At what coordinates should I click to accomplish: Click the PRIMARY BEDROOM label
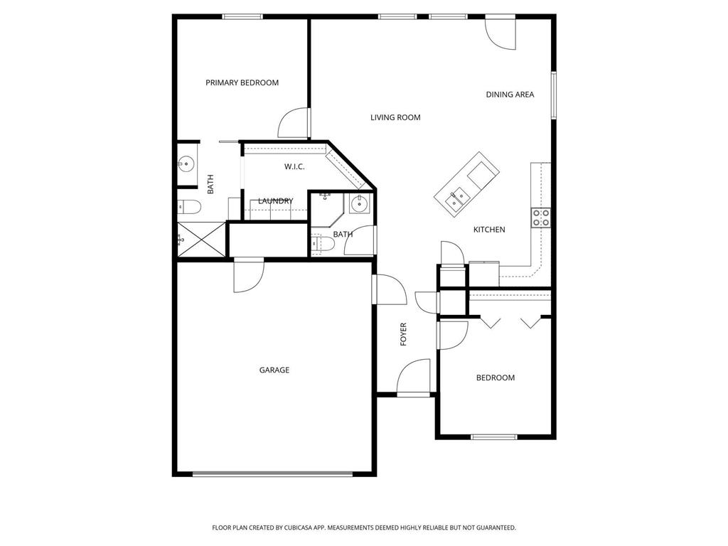(x=242, y=82)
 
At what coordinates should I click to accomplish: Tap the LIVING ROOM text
(x=395, y=117)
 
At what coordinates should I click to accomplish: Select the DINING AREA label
(x=510, y=95)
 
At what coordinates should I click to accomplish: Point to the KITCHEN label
(x=489, y=230)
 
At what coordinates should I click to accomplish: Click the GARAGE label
(x=274, y=370)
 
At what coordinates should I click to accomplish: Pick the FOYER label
(x=404, y=334)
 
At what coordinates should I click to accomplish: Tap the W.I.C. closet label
(x=294, y=167)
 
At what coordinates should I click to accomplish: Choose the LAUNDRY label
(x=275, y=201)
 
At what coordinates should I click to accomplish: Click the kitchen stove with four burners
(x=541, y=218)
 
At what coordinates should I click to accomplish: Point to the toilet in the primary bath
(x=189, y=208)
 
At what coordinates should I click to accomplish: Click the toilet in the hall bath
(x=323, y=245)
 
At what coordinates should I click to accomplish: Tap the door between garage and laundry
(x=248, y=275)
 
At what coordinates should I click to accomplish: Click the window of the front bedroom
(x=495, y=437)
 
